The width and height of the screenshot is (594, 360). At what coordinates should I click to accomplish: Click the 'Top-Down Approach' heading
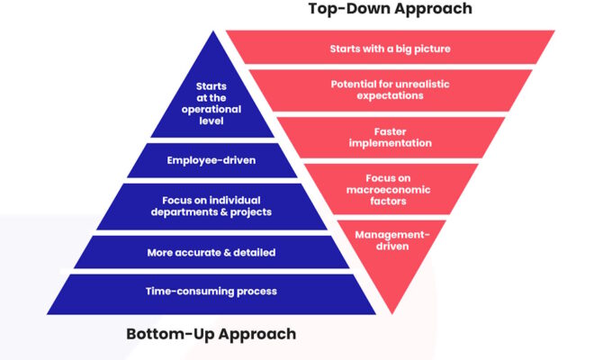(391, 9)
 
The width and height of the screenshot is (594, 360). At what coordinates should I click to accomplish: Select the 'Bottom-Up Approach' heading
(211, 334)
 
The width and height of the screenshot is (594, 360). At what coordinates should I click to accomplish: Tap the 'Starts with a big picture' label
(391, 49)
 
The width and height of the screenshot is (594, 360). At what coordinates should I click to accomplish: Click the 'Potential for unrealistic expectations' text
(391, 90)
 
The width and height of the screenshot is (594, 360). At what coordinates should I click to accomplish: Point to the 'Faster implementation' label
(391, 137)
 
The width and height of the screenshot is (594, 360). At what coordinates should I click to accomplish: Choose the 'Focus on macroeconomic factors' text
(388, 190)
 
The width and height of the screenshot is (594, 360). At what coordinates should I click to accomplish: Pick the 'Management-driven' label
(392, 240)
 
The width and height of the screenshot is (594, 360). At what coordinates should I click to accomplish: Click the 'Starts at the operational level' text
(211, 103)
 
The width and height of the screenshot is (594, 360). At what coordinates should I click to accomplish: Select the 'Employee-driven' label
(211, 160)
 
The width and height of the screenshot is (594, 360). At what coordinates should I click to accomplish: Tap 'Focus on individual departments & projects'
(211, 206)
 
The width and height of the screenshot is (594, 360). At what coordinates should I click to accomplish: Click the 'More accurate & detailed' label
(211, 253)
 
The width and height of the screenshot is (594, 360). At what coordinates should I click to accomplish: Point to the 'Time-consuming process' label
(211, 292)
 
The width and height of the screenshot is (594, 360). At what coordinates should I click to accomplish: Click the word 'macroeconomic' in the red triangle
(388, 190)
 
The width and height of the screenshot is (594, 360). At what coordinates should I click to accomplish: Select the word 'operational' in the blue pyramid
(211, 110)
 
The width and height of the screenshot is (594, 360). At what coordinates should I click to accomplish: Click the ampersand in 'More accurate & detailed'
(228, 253)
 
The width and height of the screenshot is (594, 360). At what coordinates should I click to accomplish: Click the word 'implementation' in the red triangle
(391, 143)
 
